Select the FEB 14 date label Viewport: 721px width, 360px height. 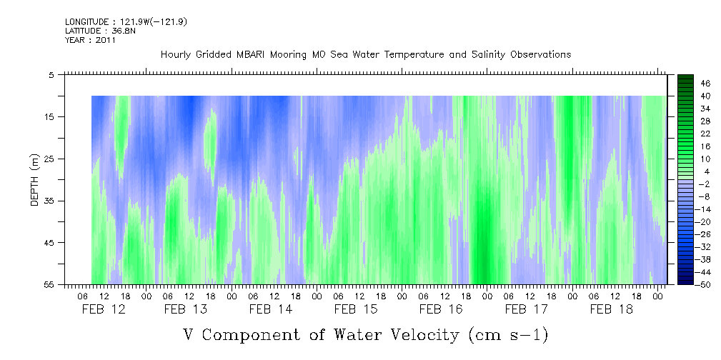point(271,309)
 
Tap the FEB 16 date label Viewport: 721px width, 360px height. point(441,309)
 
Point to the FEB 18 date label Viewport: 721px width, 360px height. point(611,309)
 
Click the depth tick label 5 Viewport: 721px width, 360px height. point(51,74)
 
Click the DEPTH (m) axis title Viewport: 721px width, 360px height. point(34,179)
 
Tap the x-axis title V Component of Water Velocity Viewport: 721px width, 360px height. point(365,334)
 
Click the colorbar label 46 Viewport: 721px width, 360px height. point(685,84)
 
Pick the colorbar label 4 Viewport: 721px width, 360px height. point(687,171)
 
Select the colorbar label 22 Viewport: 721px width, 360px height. point(685,134)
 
